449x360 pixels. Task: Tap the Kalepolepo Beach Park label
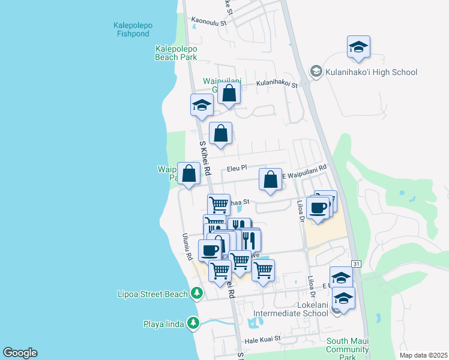176,53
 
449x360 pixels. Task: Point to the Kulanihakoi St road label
277,85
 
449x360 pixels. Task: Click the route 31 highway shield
356,264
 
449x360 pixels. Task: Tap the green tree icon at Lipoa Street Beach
196,293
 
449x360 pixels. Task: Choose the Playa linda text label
162,325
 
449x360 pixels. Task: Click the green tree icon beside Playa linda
193,324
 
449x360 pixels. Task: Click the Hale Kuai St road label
262,340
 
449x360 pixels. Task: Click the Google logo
20,353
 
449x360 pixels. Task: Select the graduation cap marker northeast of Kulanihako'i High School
358,47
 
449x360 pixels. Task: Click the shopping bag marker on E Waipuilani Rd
271,179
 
